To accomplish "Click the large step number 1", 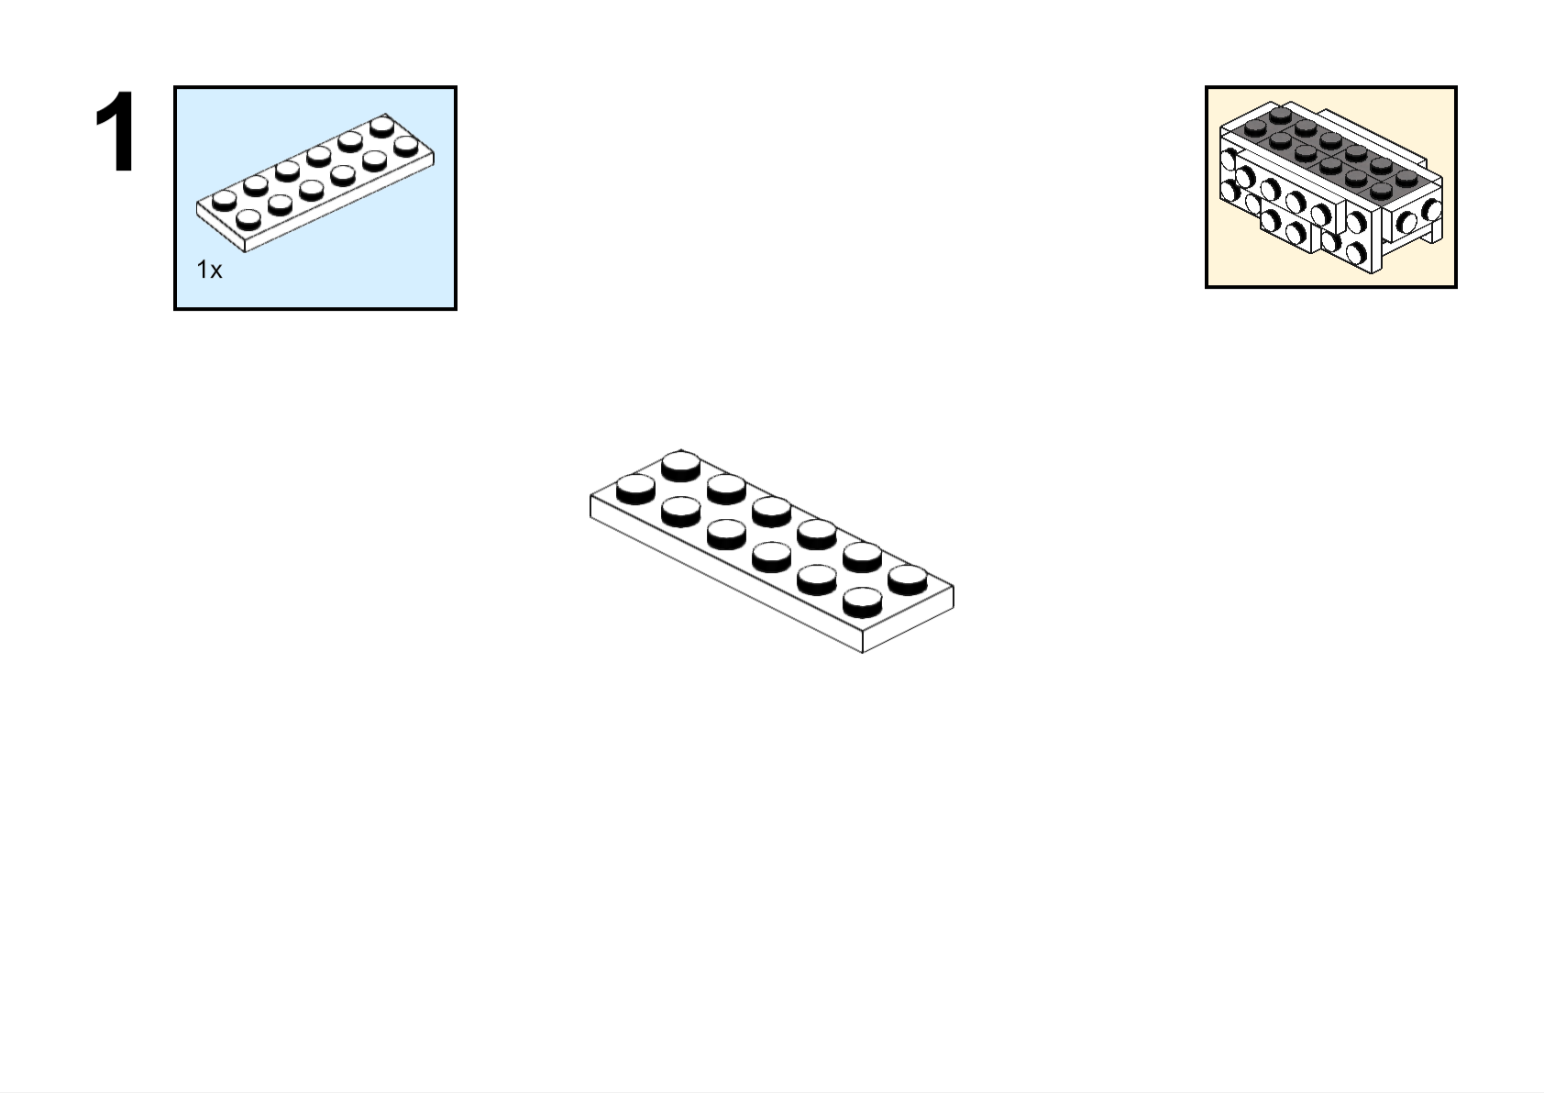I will (x=116, y=133).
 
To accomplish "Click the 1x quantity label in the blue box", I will (x=209, y=270).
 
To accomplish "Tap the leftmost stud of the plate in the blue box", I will (x=224, y=199).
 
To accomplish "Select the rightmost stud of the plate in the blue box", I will (x=406, y=146).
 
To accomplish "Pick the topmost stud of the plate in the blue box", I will (x=382, y=125).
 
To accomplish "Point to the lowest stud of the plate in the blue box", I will (x=248, y=218).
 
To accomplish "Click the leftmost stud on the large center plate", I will (x=635, y=486).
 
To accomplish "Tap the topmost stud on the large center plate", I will (x=681, y=463).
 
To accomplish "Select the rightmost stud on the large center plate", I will (x=908, y=578).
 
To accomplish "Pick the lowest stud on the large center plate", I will (x=862, y=600).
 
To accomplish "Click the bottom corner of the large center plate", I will (x=863, y=652).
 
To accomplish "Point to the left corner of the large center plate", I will (x=590, y=497).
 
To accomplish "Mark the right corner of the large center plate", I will (x=954, y=587).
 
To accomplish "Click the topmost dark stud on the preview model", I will (x=1281, y=114).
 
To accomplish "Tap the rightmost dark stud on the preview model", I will (x=1406, y=176).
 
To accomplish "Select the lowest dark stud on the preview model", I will (x=1382, y=191).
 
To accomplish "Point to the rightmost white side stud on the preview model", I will (x=1432, y=211).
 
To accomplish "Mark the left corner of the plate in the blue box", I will (x=197, y=208).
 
